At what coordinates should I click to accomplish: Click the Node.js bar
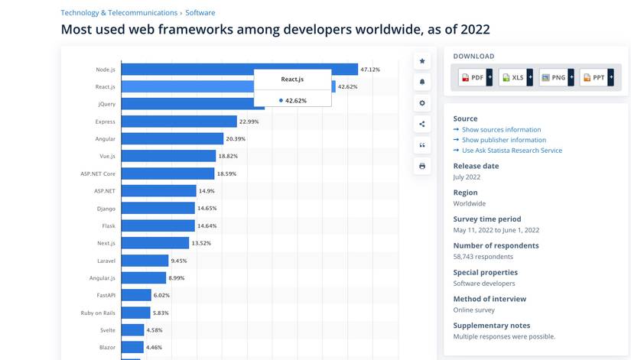239,70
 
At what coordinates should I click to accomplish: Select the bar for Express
179,122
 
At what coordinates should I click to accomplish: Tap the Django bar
158,209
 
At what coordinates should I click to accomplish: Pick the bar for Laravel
145,261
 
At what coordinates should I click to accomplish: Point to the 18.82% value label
228,156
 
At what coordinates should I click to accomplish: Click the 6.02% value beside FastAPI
161,295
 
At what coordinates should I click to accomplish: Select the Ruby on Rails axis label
98,313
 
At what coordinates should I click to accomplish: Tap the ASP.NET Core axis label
98,174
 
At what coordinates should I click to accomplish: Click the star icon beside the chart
422,61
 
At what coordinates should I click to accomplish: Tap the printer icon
422,166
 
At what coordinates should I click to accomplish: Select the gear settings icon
422,103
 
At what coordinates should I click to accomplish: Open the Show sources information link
502,129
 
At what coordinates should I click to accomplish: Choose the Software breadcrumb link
200,13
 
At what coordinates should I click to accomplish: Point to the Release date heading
476,166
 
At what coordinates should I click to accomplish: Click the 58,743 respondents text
483,257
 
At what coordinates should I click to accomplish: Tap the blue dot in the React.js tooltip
281,101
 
